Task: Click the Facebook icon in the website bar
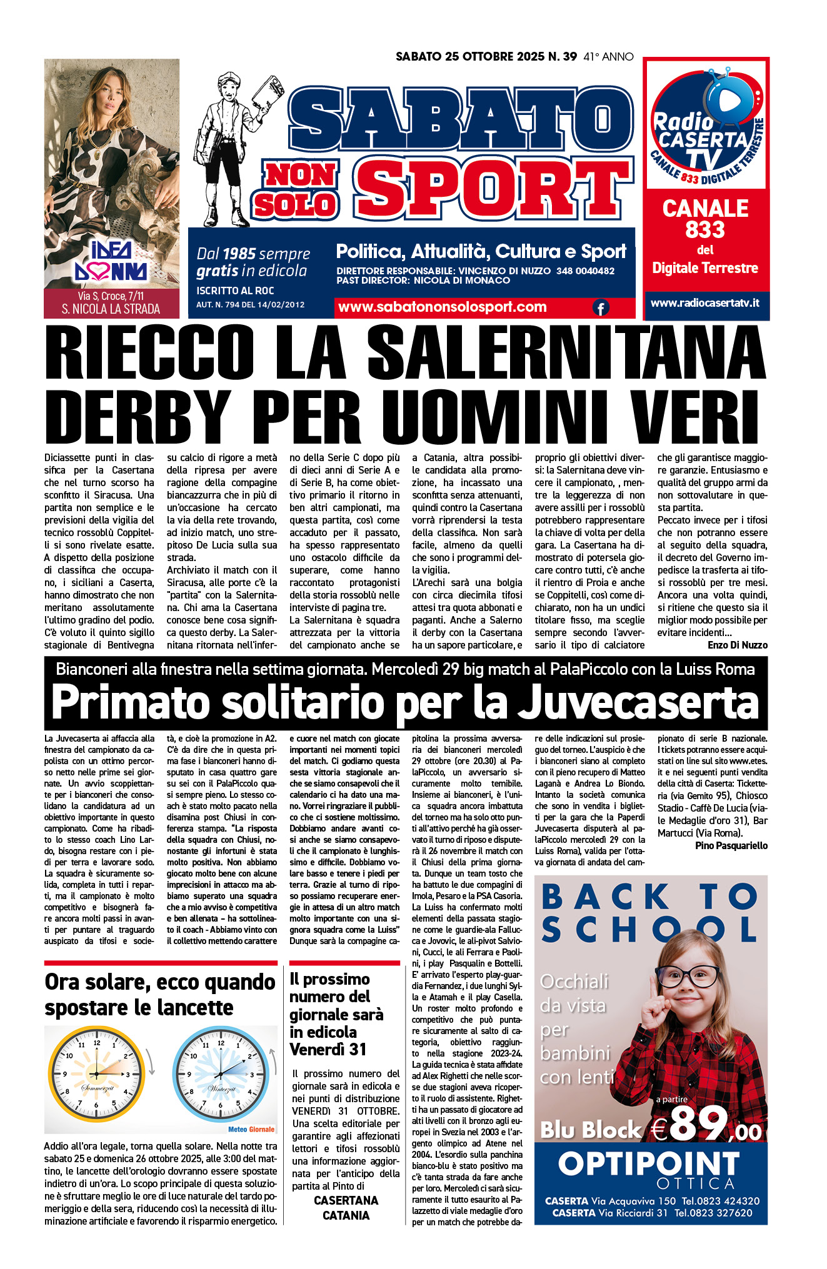[x=600, y=307]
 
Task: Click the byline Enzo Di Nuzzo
[x=737, y=645]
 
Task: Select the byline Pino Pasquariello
[x=731, y=845]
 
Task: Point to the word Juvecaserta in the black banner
[x=639, y=702]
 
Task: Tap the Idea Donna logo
[x=111, y=261]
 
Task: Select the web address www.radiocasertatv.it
[x=704, y=303]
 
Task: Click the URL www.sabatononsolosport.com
[x=442, y=307]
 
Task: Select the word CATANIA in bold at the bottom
[x=346, y=1215]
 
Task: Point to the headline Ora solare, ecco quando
[x=159, y=982]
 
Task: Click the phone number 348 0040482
[x=585, y=271]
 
